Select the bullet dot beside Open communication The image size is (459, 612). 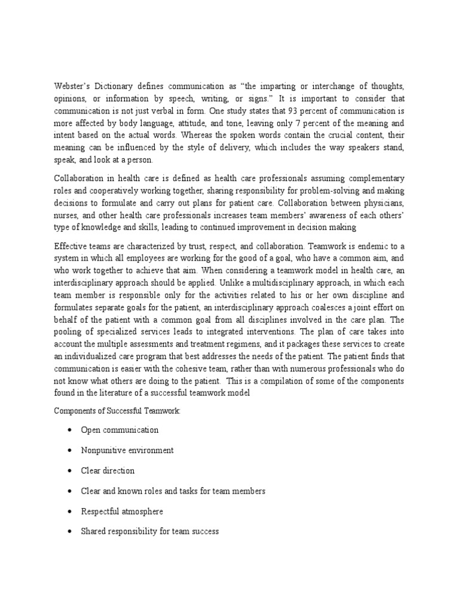(71, 430)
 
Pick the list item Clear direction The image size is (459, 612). (108, 470)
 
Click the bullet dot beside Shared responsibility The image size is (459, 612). (71, 531)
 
